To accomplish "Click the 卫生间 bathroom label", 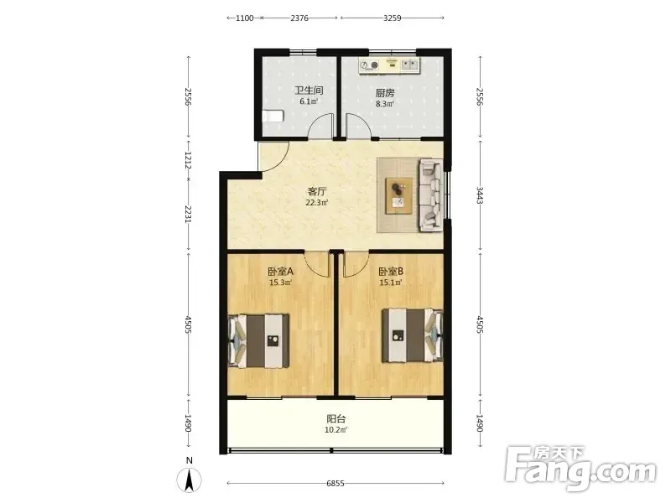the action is click(309, 91).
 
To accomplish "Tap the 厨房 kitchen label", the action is click(385, 92).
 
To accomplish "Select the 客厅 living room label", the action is click(317, 191).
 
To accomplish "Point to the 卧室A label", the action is click(280, 271).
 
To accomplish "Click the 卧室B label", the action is click(391, 271).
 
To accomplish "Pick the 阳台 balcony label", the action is click(336, 418).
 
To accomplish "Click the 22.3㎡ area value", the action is click(317, 203).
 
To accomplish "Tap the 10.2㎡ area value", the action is click(336, 430).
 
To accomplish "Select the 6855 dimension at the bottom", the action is click(335, 484).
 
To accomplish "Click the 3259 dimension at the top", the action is click(392, 18).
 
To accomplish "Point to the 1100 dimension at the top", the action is click(245, 18).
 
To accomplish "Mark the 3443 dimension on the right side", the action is click(480, 195).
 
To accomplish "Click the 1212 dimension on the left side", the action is click(188, 159).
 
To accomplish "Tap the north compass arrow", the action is click(190, 480).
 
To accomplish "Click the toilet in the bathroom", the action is click(273, 116).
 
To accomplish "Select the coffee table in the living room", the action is click(399, 195).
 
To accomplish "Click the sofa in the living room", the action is click(431, 195).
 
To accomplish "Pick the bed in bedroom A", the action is click(258, 341).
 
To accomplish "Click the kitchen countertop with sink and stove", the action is click(389, 65).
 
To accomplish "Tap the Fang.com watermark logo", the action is click(580, 469).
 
